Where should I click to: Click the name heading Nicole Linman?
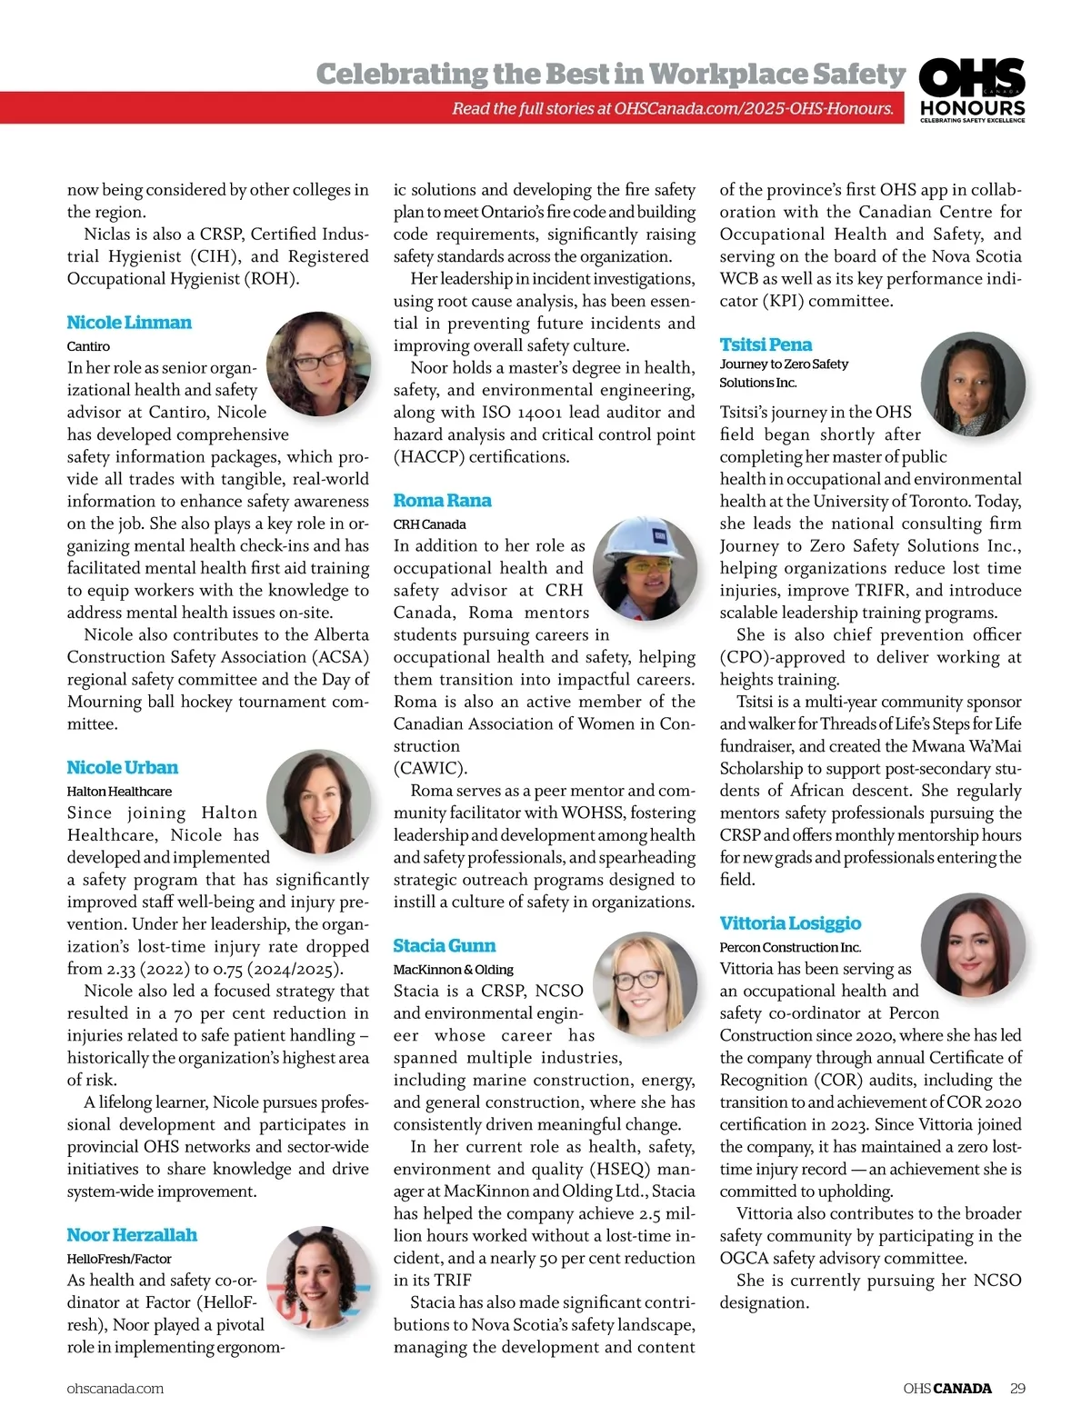click(x=129, y=323)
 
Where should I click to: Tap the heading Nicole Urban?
click(x=122, y=768)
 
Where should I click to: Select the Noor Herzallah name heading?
click(x=132, y=1235)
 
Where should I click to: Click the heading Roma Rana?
click(x=442, y=501)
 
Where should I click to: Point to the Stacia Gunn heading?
click(x=444, y=946)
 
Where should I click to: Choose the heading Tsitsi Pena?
click(x=766, y=345)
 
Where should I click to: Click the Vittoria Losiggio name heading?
click(x=790, y=923)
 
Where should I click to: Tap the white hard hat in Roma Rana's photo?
click(x=644, y=541)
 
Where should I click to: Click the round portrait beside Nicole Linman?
click(x=318, y=363)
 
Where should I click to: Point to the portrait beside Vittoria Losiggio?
click(x=972, y=945)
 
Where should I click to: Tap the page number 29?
click(x=1017, y=1389)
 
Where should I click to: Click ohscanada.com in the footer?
click(x=115, y=1389)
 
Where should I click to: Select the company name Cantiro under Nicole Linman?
click(x=88, y=346)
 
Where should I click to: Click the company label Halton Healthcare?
click(x=119, y=792)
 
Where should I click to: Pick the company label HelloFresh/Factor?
click(x=119, y=1259)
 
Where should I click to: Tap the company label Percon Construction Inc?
click(x=790, y=947)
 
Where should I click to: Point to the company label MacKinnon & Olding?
click(x=453, y=970)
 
